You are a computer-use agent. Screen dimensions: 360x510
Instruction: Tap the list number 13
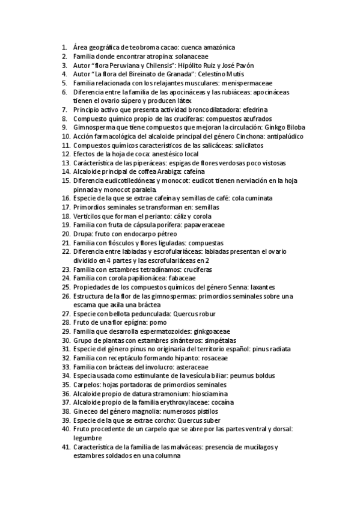coord(66,163)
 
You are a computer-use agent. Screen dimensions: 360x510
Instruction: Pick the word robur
coord(204,314)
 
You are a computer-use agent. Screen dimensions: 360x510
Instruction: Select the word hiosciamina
coord(213,393)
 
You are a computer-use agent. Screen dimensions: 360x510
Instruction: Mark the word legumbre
coord(88,438)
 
